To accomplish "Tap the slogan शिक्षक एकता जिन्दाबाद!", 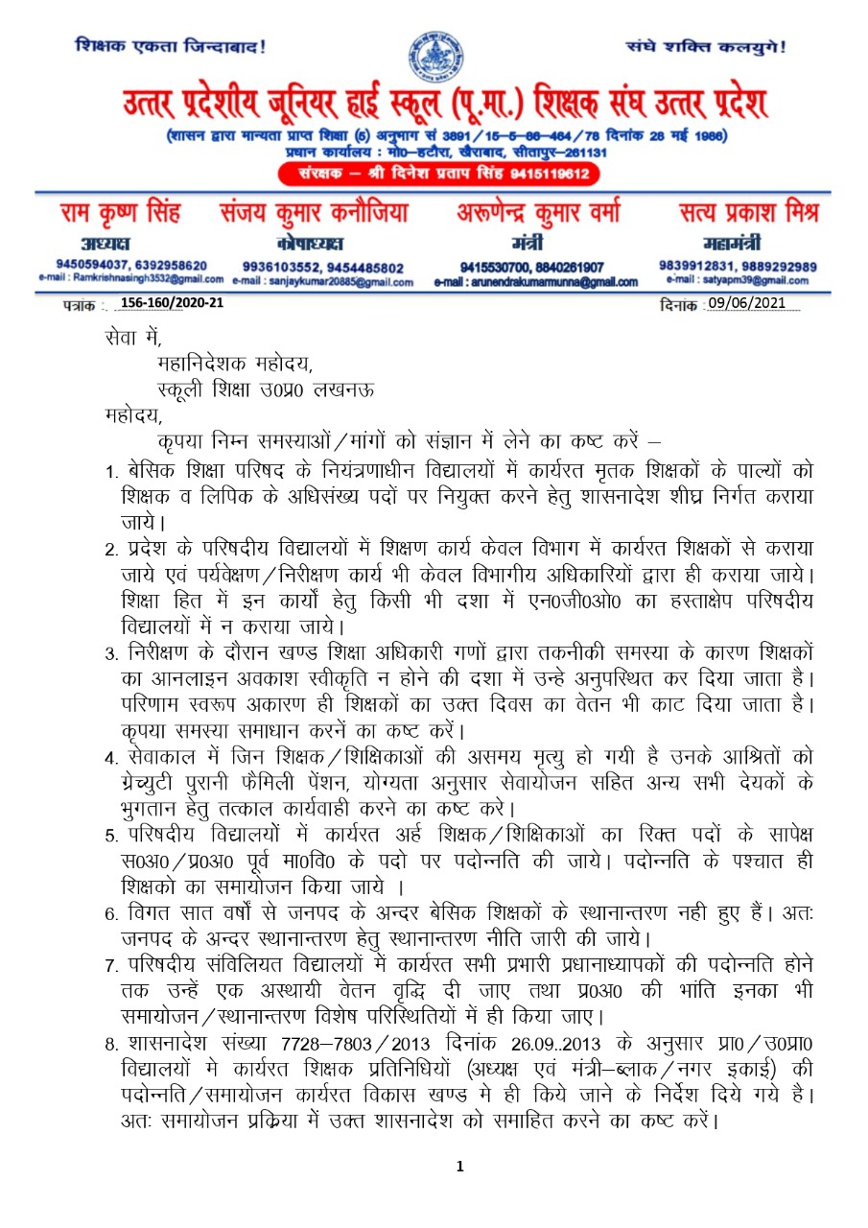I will tap(171, 45).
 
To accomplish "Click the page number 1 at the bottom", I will tap(460, 1167).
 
